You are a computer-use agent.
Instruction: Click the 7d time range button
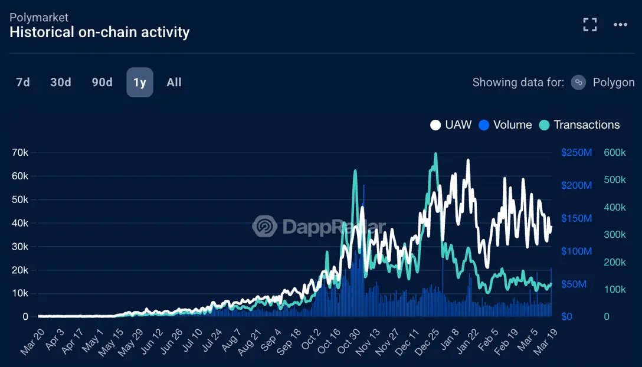[23, 83]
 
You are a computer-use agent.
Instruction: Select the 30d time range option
[61, 83]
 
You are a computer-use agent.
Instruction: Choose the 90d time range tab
[102, 83]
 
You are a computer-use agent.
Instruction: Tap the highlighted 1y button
[140, 83]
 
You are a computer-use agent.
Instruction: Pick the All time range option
[174, 83]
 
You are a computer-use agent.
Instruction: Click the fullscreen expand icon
[589, 24]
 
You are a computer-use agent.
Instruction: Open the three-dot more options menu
[620, 24]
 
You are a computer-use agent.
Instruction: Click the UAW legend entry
[451, 124]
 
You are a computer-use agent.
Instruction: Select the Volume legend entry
[505, 124]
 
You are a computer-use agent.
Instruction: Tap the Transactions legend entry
[579, 124]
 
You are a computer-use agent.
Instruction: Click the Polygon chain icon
[579, 83]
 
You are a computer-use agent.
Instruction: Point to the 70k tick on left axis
[21, 152]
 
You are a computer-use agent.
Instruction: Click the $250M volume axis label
[577, 152]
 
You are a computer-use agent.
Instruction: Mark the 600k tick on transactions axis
[615, 152]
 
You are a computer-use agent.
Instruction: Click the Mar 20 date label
[32, 343]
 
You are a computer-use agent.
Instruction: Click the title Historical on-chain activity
[100, 32]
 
